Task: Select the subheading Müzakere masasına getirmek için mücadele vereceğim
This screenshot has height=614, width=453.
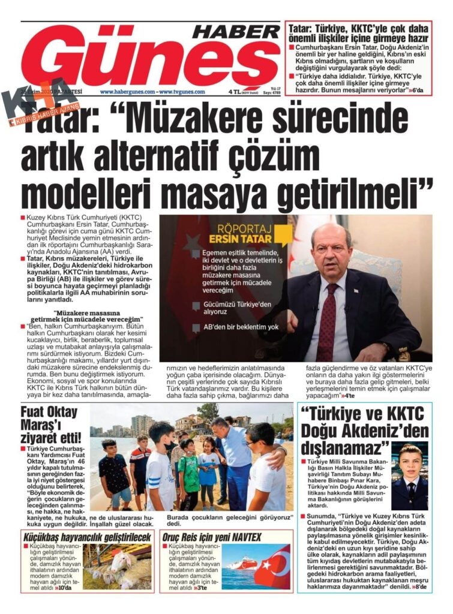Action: point(97,316)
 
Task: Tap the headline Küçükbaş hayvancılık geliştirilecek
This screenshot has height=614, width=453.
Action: point(88,537)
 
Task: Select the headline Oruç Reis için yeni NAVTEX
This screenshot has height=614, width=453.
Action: point(212,537)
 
